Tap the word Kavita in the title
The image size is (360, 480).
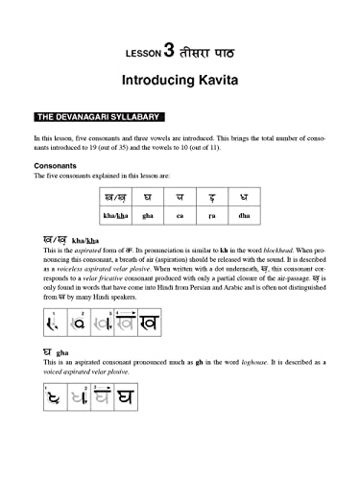[x=216, y=81]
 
